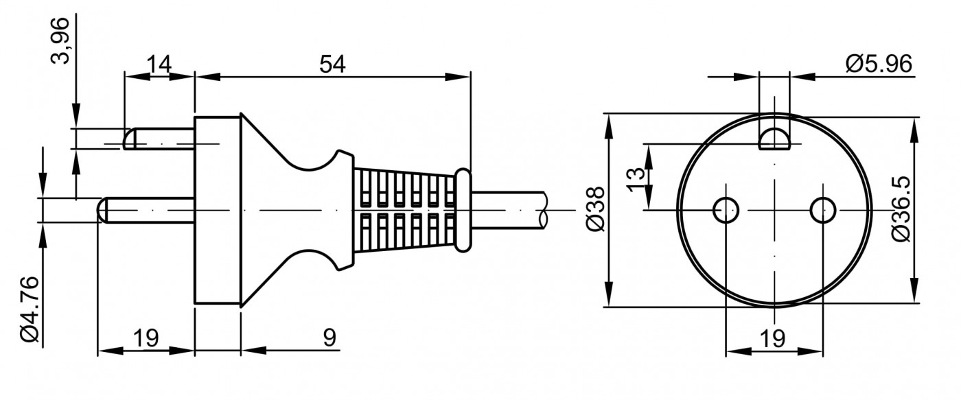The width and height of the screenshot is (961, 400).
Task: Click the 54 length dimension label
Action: click(332, 64)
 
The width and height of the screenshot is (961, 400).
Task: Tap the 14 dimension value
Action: click(159, 64)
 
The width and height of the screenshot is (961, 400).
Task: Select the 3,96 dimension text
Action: click(60, 41)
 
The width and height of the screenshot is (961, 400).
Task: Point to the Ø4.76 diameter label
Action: click(30, 309)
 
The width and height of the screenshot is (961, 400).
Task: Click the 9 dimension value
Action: click(329, 338)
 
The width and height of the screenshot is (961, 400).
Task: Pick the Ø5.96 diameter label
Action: click(879, 64)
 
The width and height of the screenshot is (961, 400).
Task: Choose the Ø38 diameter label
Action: click(596, 209)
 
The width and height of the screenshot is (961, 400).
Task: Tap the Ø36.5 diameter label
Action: click(901, 209)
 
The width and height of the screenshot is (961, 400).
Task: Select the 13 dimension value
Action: click(636, 179)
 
